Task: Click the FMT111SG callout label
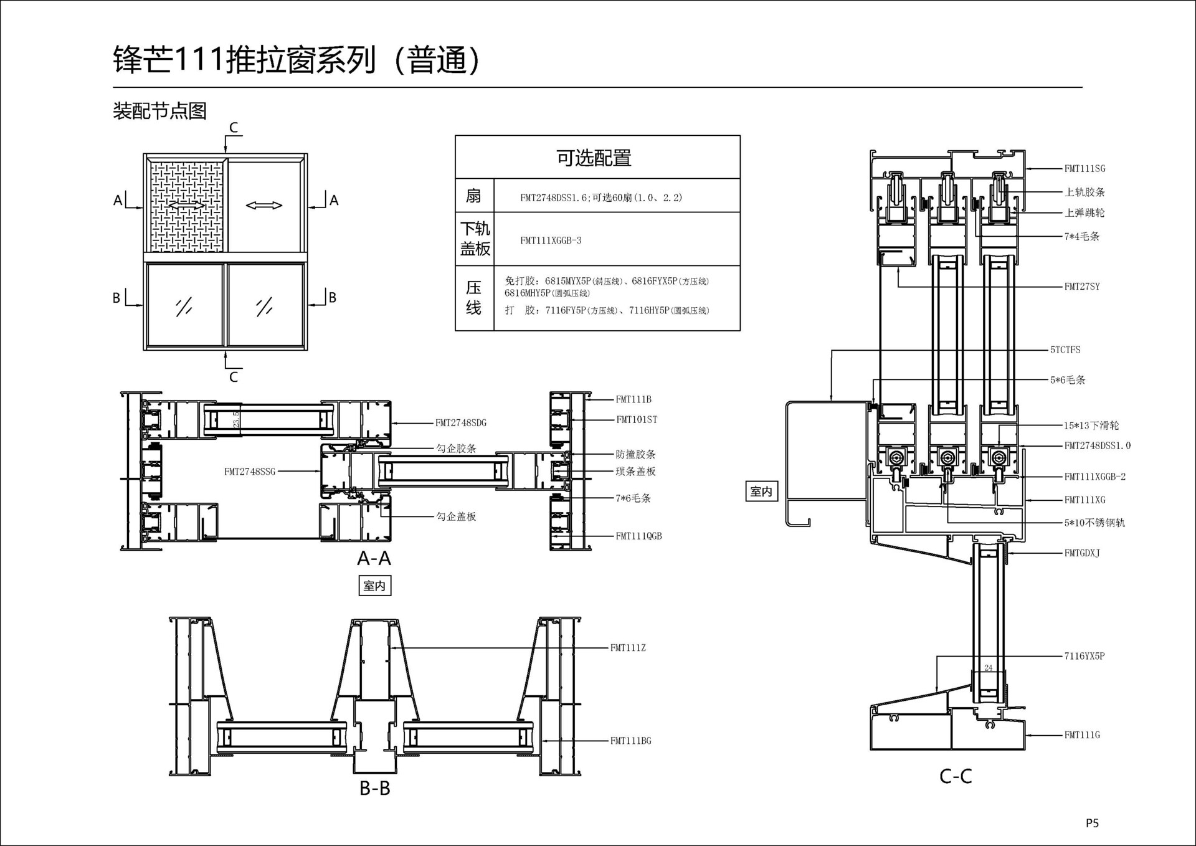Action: [1084, 168]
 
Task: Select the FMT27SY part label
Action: [1082, 287]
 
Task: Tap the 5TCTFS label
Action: [1065, 349]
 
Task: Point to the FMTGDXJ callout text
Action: [1082, 553]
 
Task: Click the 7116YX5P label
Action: [1084, 656]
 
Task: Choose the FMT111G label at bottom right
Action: [1082, 735]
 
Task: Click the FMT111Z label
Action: [628, 648]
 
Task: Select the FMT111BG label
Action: [630, 741]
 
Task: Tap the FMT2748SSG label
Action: [250, 472]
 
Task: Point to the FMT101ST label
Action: [637, 420]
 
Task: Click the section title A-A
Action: [374, 558]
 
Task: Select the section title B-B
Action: [375, 788]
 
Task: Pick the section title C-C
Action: [956, 776]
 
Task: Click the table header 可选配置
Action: [594, 158]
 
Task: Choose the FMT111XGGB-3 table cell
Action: [551, 240]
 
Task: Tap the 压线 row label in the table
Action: [474, 298]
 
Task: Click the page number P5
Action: [1092, 823]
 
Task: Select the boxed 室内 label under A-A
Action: [374, 586]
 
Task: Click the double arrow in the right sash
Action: [264, 205]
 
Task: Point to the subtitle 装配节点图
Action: [159, 111]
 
